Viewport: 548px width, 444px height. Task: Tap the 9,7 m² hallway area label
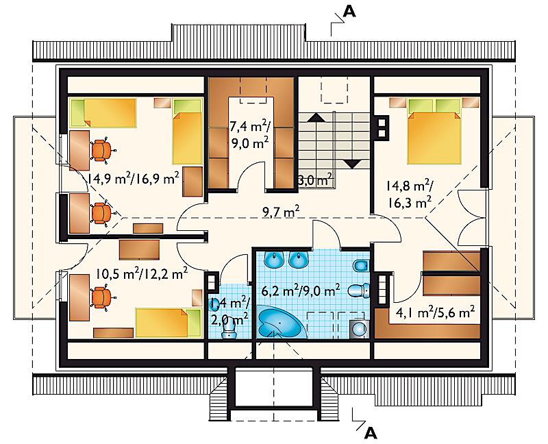[x=281, y=212]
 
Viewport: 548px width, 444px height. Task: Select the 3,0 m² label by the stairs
[x=314, y=181]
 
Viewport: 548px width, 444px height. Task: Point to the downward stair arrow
[x=352, y=164]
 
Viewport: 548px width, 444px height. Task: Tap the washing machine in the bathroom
[x=359, y=329]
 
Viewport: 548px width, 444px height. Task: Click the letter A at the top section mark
[x=349, y=12]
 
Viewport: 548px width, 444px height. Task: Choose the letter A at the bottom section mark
[x=371, y=434]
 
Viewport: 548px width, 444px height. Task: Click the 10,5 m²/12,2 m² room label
[x=142, y=273]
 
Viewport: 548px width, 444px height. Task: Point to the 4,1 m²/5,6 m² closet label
[x=435, y=312]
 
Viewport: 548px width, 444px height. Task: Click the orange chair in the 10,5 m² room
[x=102, y=297]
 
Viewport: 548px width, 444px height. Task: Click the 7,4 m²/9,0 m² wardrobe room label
[x=249, y=134]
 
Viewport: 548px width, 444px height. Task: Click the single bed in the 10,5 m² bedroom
[x=169, y=323]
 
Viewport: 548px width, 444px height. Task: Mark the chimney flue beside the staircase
[x=382, y=127]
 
